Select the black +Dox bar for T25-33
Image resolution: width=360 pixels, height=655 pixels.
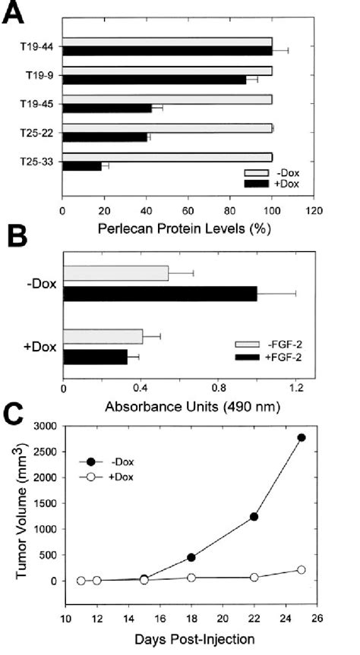pos(81,165)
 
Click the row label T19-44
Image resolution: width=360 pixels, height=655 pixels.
pos(36,46)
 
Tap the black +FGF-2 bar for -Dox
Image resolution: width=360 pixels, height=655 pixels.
pos(159,294)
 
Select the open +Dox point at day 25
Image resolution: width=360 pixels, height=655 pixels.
pos(302,569)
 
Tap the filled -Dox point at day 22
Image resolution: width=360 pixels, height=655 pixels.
pos(254,516)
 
